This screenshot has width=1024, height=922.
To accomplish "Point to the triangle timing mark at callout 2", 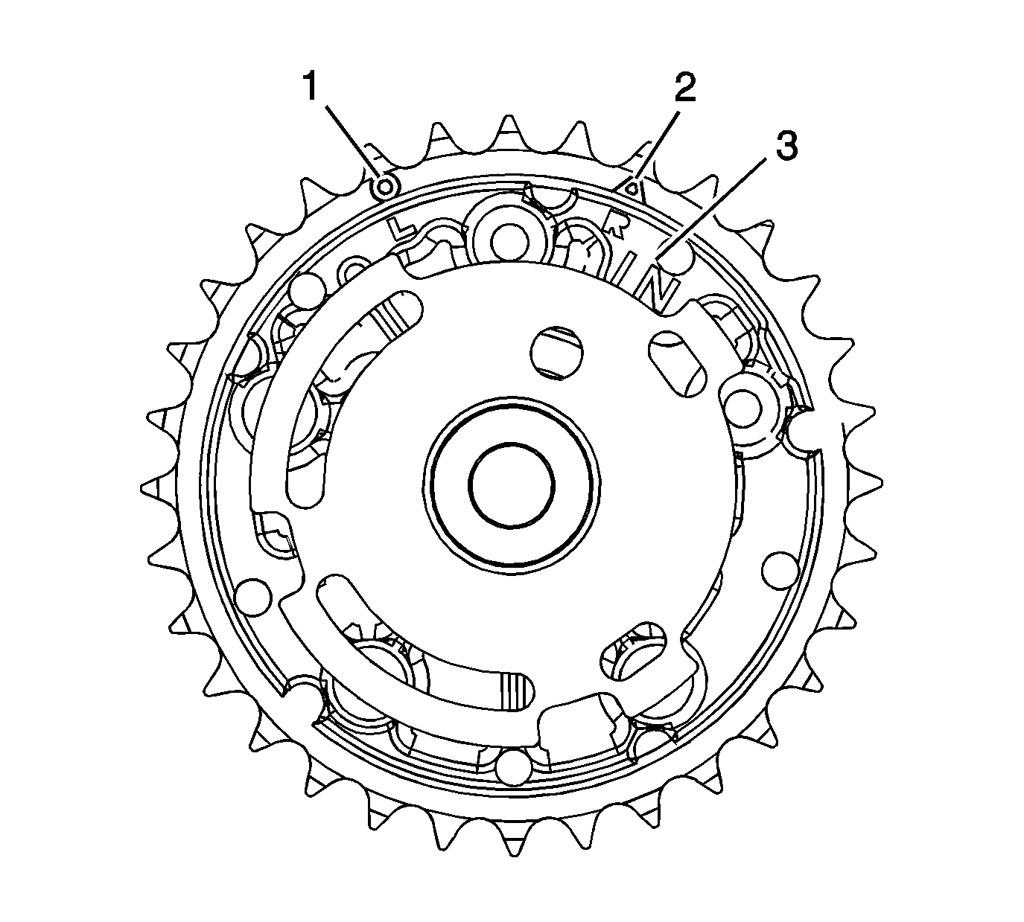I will [632, 188].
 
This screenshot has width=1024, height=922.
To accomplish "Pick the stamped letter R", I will [617, 222].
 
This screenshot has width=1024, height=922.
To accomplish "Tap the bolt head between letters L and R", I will [509, 236].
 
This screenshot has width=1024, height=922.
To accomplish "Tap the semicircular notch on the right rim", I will [803, 430].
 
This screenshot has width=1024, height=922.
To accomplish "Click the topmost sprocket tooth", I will [510, 127].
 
